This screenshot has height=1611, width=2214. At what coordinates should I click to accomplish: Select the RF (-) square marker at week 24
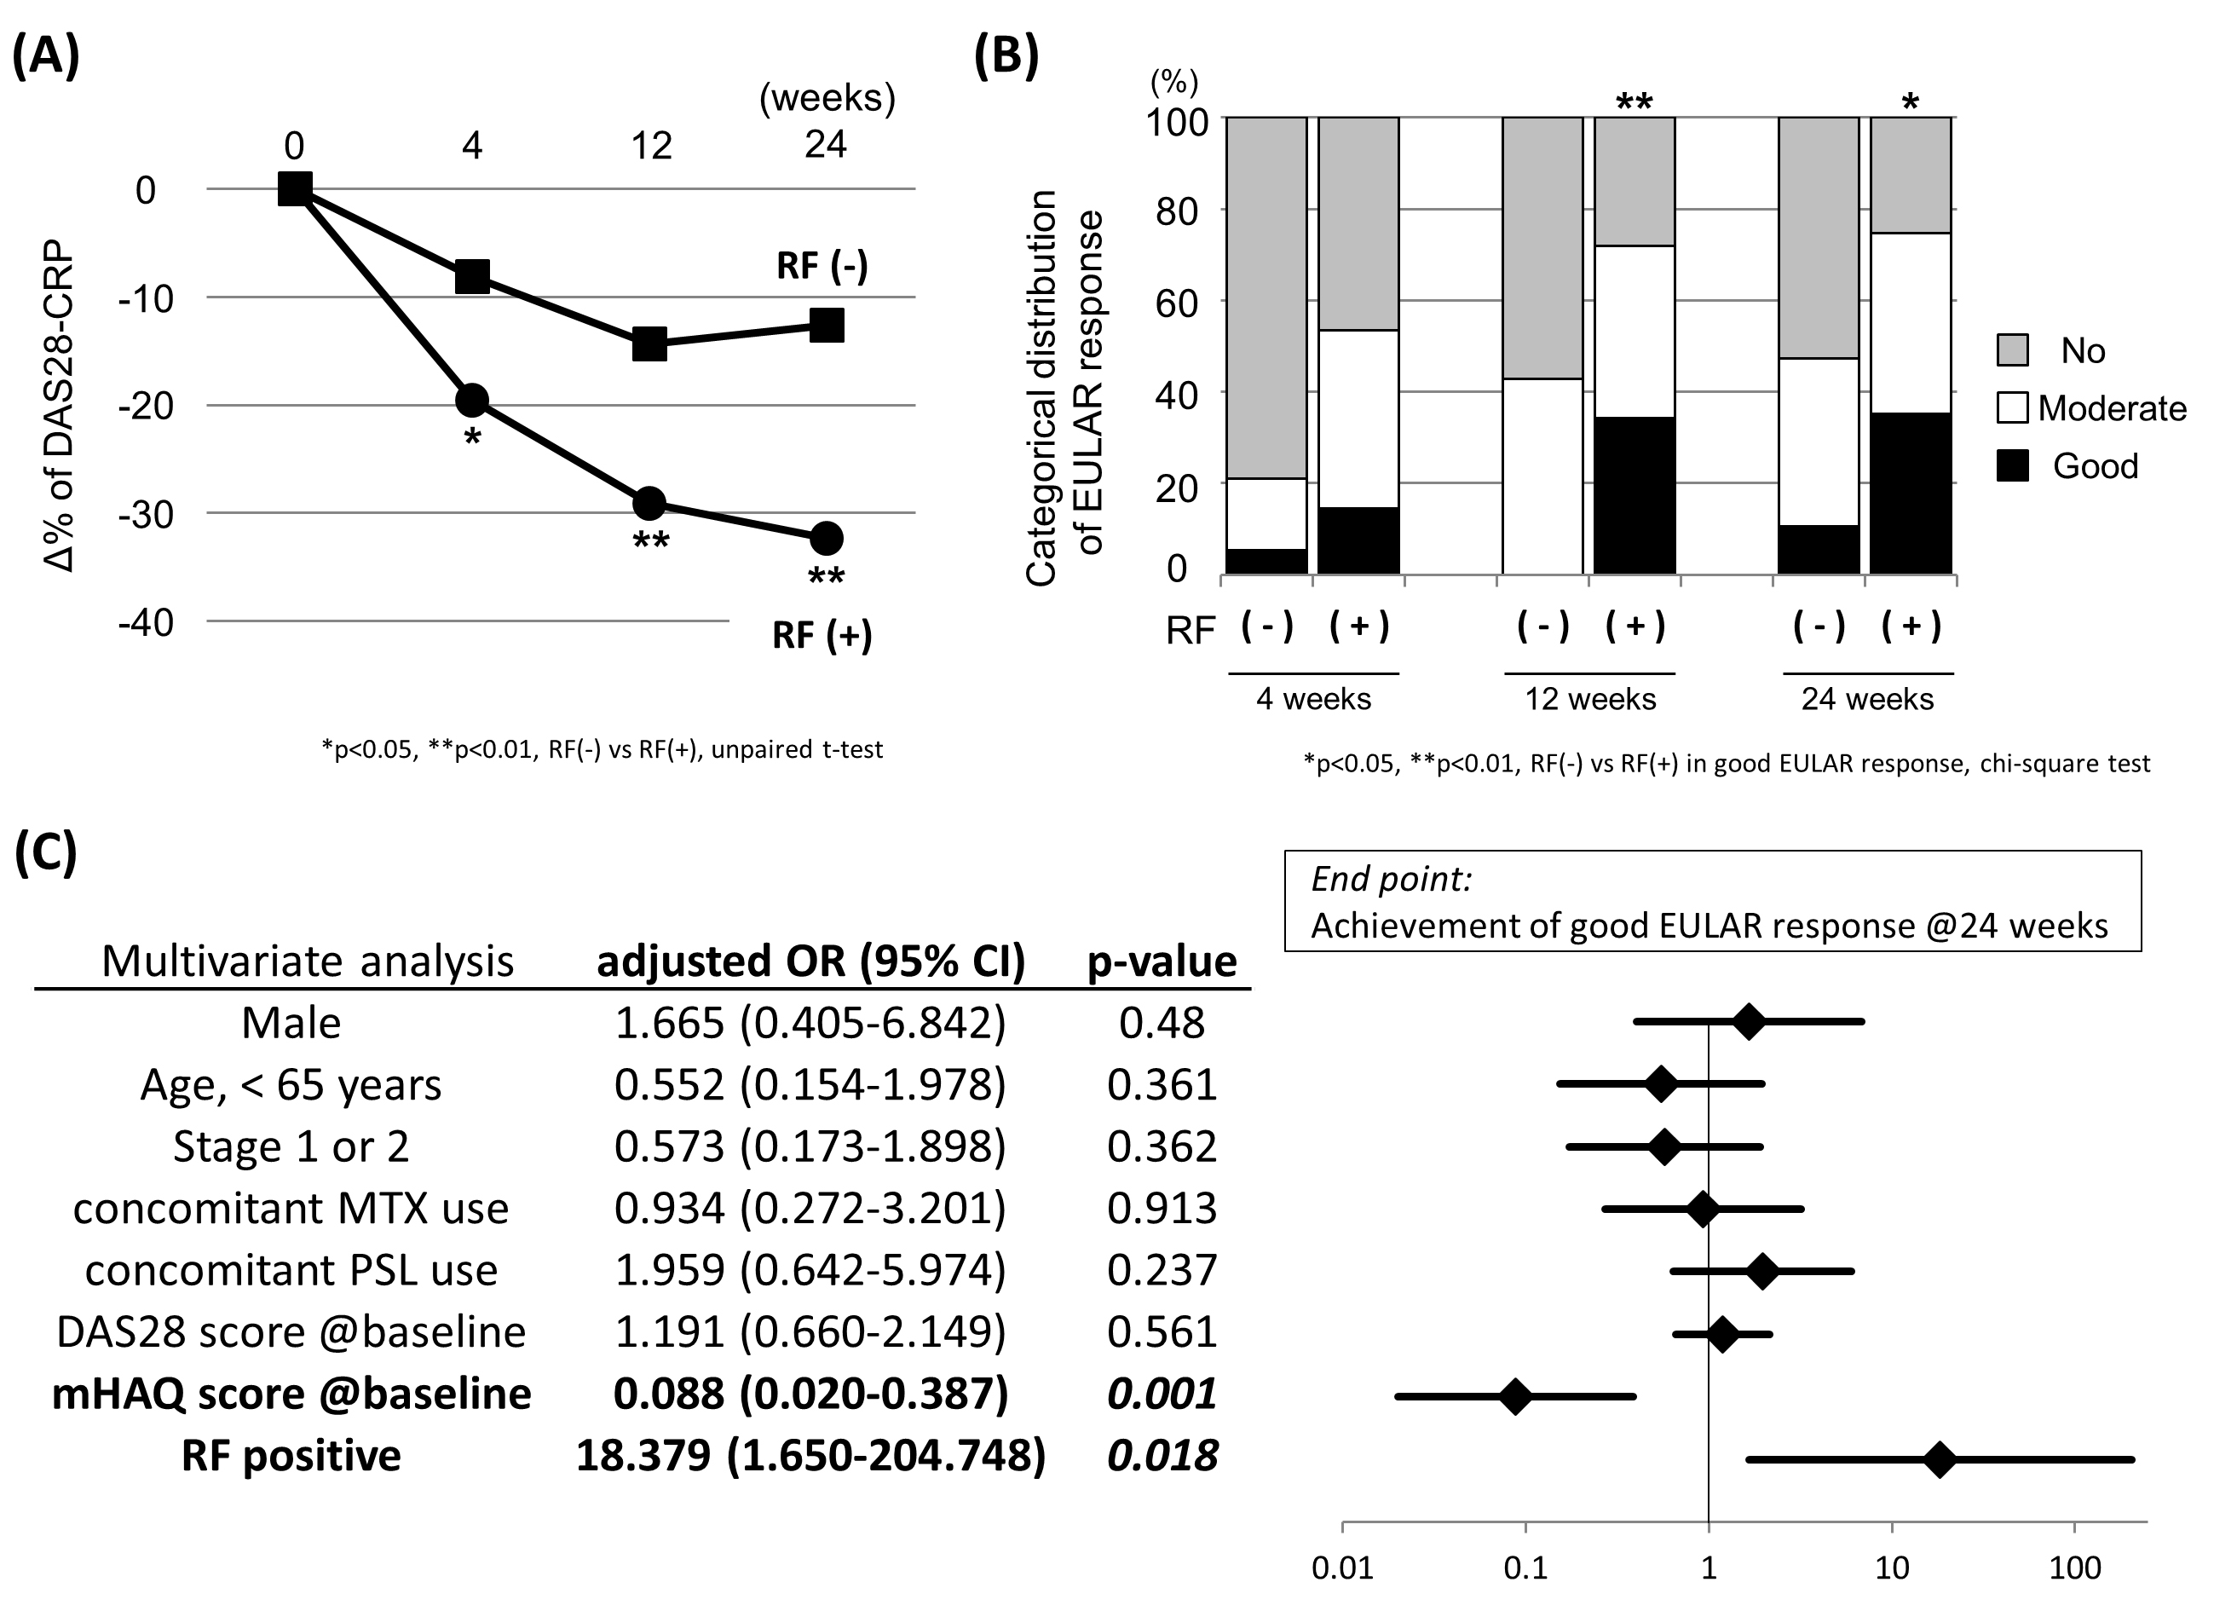tap(827, 325)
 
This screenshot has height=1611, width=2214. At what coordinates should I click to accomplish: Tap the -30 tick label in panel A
tap(146, 515)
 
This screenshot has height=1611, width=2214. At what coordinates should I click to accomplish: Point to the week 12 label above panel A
tap(651, 147)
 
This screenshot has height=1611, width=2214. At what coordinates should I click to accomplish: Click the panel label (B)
tap(1006, 55)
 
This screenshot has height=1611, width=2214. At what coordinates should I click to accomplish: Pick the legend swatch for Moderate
tap(2012, 408)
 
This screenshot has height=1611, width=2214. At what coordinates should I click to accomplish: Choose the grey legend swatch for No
tap(2012, 350)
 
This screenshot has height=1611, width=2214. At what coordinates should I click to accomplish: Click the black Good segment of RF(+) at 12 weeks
tap(1635, 495)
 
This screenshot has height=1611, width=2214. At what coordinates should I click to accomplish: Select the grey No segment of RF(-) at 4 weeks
tap(1266, 297)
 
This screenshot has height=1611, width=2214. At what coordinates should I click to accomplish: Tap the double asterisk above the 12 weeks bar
tap(1635, 101)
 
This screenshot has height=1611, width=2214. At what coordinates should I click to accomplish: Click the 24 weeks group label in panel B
tap(1866, 699)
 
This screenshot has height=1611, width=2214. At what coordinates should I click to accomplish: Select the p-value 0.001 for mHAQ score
tap(1162, 1394)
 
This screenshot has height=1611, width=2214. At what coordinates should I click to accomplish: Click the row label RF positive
tap(291, 1456)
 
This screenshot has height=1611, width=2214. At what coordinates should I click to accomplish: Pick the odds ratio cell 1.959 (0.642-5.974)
tap(810, 1270)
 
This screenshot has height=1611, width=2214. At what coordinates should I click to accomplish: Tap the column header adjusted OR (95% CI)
tap(810, 961)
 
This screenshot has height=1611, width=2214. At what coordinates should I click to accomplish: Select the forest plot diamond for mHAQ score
tap(1515, 1397)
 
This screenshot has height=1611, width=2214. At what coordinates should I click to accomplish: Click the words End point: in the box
tap(1391, 880)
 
